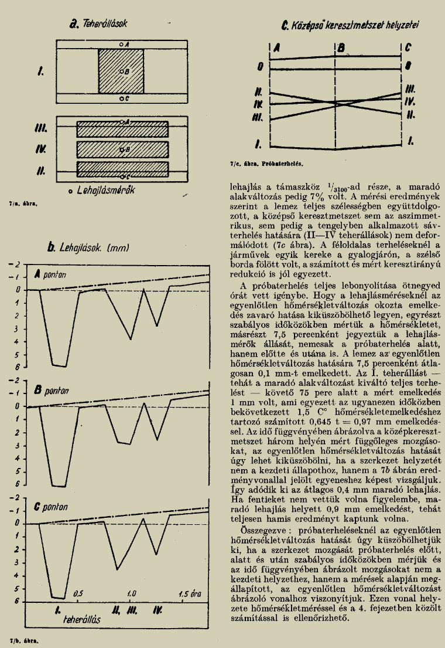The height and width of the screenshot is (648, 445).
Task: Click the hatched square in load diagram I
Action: [x=121, y=71]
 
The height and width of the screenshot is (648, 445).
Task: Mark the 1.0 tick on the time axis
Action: [x=132, y=593]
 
